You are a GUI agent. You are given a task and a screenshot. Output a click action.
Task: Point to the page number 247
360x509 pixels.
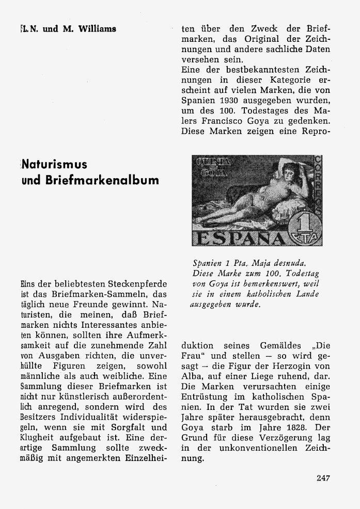(324, 478)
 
